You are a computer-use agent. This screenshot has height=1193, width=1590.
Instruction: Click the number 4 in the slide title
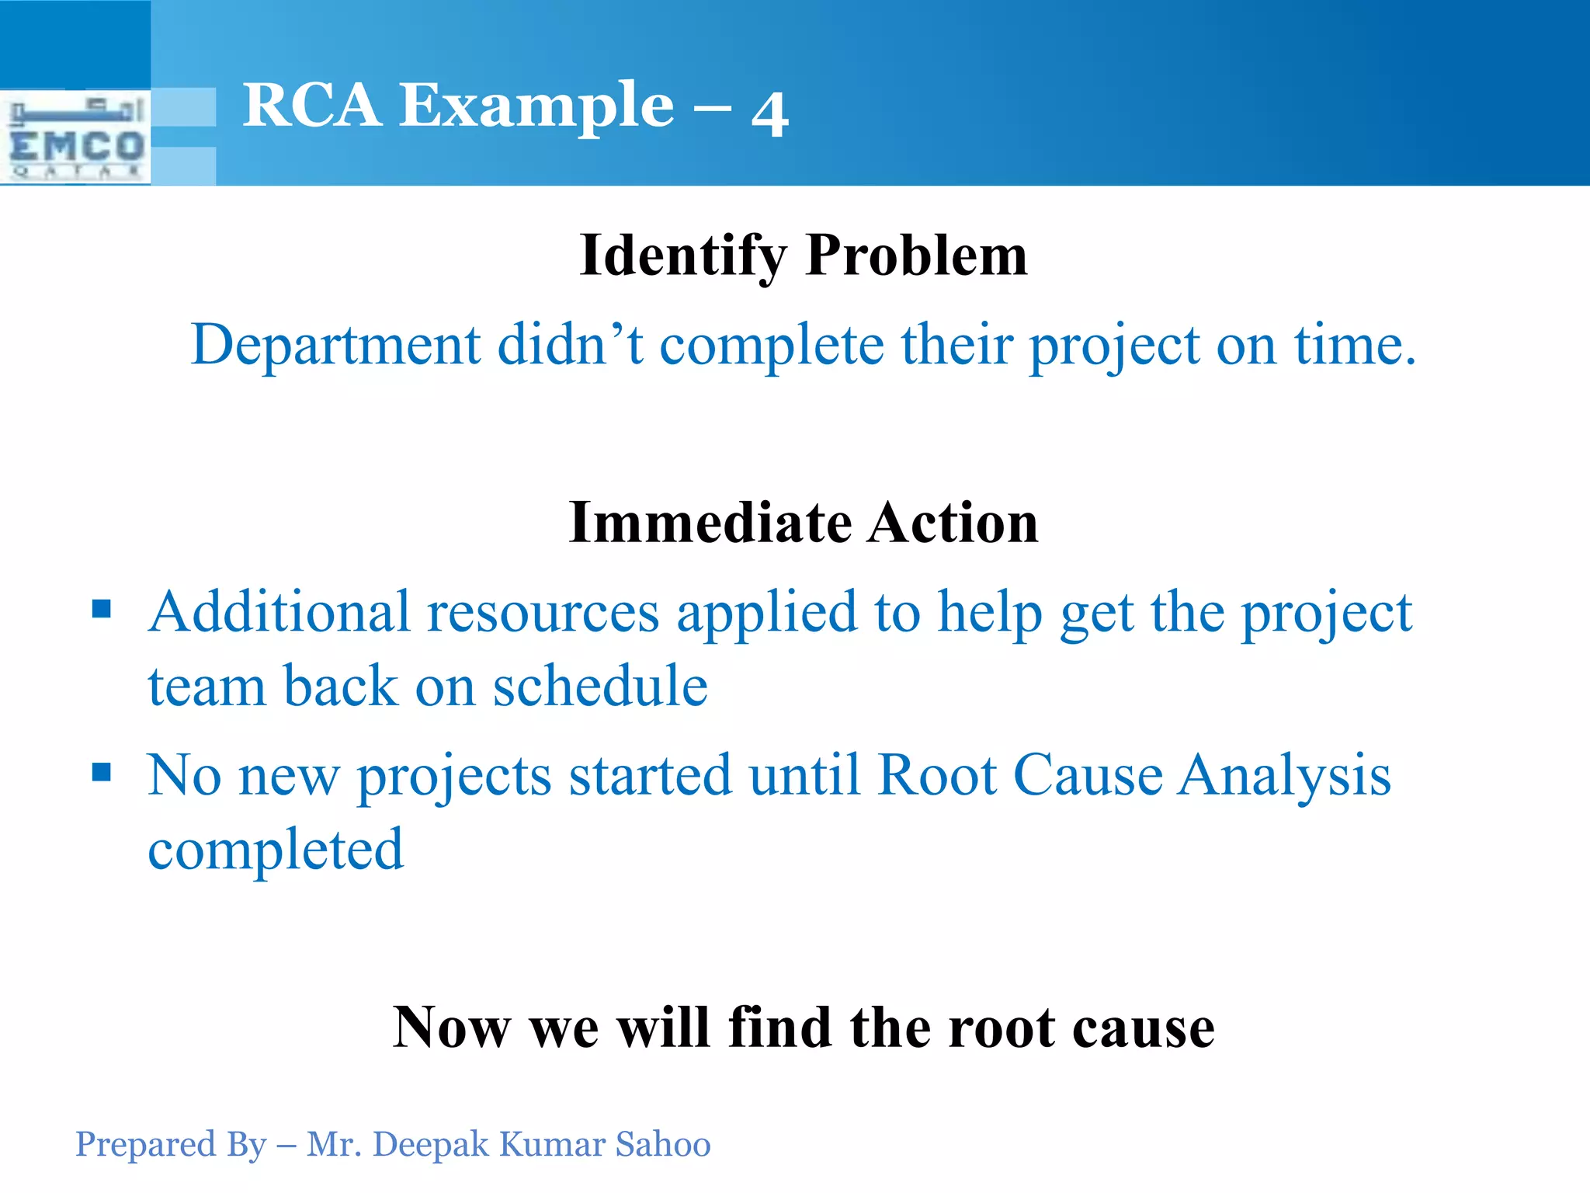[769, 114]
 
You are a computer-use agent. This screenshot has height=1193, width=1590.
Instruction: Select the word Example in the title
[536, 106]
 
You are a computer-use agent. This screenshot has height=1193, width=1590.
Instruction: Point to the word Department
[335, 345]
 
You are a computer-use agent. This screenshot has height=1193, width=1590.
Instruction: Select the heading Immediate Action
[804, 522]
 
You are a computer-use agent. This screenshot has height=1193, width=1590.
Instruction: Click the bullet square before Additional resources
[102, 608]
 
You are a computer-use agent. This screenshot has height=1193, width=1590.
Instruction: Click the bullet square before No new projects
[102, 772]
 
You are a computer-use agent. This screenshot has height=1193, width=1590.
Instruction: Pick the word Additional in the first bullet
[279, 612]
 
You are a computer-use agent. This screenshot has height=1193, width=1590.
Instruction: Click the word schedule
[600, 687]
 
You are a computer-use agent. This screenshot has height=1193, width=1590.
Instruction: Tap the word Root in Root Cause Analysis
[936, 775]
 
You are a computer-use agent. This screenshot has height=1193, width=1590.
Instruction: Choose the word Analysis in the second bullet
[1284, 775]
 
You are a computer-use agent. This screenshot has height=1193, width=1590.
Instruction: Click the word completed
[276, 850]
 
